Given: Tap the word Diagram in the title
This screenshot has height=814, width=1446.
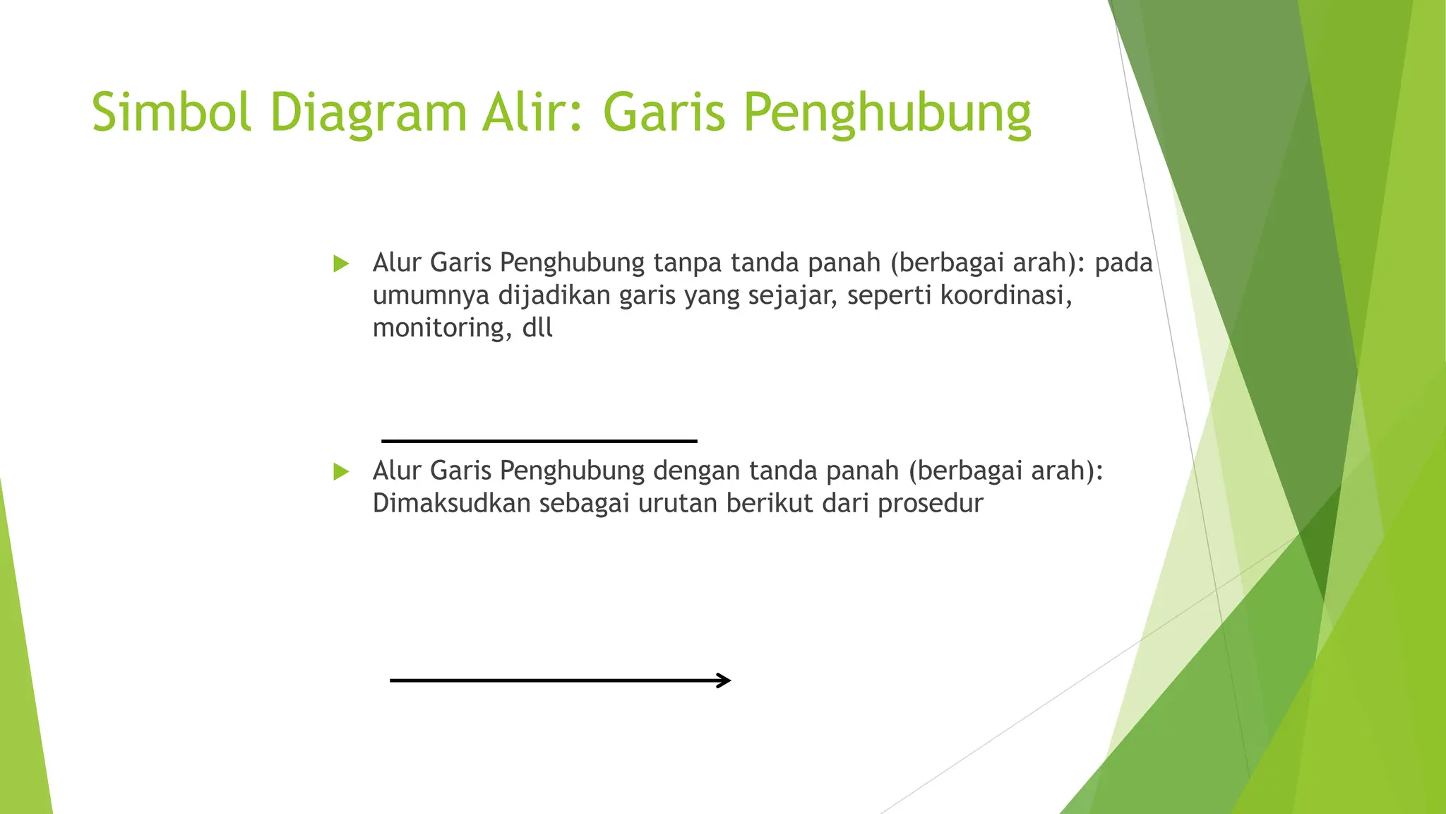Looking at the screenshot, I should [368, 112].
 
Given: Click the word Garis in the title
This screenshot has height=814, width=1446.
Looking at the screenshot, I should [664, 112].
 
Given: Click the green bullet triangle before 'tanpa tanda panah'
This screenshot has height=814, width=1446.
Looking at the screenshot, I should [341, 264].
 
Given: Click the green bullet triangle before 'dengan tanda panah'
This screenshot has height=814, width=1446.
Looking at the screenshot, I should [341, 471].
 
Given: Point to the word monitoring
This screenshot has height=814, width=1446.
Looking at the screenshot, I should [442, 329].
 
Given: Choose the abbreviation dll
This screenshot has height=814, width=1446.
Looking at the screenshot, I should [537, 328].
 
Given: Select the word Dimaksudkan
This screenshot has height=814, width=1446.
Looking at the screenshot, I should [451, 503].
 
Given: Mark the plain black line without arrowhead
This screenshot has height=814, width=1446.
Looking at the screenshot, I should [539, 441].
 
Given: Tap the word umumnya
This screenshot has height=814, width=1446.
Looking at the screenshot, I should [431, 296].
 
